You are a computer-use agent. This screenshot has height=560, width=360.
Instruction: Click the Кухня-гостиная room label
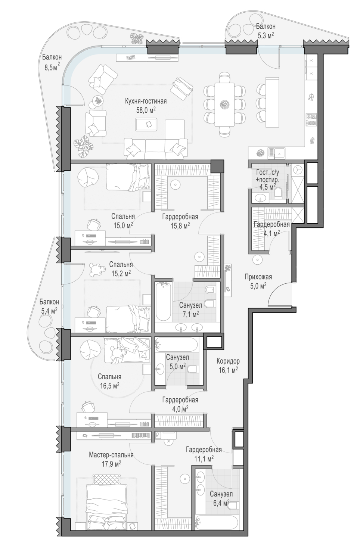coord(146,101)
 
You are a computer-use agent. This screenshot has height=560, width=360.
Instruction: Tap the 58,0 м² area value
coord(146,110)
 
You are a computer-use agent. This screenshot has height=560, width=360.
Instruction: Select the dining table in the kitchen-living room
coord(224,104)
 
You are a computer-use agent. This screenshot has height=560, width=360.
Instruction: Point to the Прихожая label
coord(258,277)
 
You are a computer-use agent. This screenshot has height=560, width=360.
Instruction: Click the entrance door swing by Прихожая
coord(279,294)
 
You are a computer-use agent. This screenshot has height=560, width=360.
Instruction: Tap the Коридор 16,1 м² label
coord(228,365)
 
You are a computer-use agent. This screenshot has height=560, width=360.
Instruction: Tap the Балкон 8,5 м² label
coord(52,62)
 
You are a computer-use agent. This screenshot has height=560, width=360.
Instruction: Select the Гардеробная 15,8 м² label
coord(180,221)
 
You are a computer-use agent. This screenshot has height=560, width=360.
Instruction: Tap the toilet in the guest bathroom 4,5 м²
coord(278,193)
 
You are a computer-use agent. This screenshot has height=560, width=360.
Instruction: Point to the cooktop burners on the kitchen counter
coord(311,119)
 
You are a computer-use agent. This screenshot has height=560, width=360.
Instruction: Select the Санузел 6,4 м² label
coord(221,498)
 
